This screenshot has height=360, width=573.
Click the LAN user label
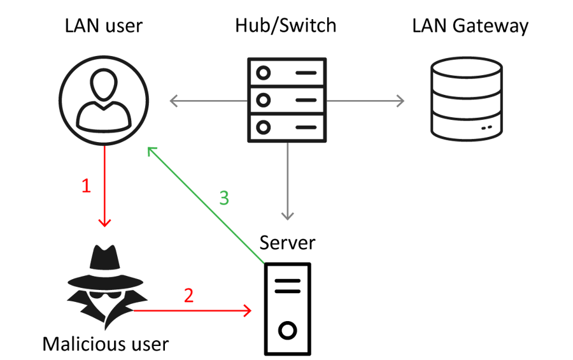[x=104, y=26]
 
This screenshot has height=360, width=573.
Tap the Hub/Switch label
[x=286, y=26]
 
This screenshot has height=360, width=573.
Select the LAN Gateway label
[x=470, y=26]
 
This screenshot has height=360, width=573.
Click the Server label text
[x=287, y=243]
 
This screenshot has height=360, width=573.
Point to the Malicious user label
[x=106, y=345]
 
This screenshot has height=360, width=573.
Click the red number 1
[x=87, y=185]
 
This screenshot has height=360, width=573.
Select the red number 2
[x=188, y=296]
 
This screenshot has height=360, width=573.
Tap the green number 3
[x=223, y=198]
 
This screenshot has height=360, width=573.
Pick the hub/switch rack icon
[x=286, y=99]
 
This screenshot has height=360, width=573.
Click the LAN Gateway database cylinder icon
[x=466, y=99]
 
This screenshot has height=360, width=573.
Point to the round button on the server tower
[x=288, y=331]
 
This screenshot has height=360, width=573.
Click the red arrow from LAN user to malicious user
[x=104, y=185]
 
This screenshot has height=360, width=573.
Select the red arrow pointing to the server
[x=191, y=311]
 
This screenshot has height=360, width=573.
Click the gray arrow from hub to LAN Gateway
[x=366, y=101]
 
